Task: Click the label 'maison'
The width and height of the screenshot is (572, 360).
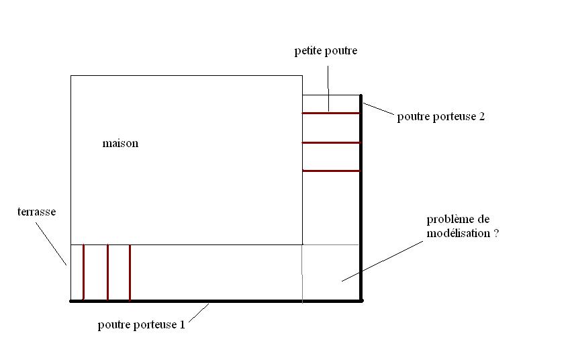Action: click(x=120, y=144)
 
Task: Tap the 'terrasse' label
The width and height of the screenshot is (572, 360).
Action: click(x=36, y=212)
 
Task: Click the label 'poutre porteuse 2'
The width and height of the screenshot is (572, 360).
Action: click(x=440, y=117)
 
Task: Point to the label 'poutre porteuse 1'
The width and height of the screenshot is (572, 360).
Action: click(x=141, y=325)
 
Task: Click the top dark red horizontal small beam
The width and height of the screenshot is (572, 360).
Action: click(x=331, y=113)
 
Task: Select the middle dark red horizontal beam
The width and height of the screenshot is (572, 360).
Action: click(x=331, y=142)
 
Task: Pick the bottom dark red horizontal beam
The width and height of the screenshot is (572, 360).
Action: click(x=331, y=171)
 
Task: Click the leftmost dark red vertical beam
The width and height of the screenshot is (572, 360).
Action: click(x=83, y=272)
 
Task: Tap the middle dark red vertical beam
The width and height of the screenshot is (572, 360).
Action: click(x=107, y=272)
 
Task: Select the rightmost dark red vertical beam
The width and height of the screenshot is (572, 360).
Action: click(x=130, y=272)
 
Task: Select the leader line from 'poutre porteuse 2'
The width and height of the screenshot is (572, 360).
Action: click(x=378, y=109)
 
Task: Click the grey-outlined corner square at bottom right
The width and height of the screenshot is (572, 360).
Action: click(x=332, y=273)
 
